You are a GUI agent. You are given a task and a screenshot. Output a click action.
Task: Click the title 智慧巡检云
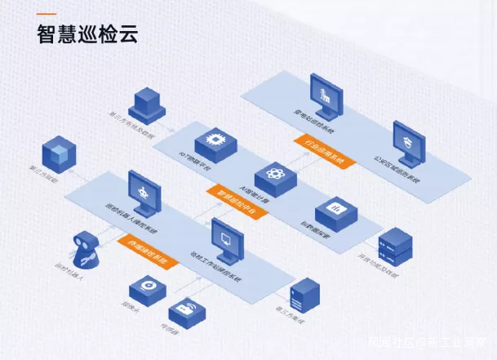point(87,34)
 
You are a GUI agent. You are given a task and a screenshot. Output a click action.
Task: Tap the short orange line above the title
point(47,14)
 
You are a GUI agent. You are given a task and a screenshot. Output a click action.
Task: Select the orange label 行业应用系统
point(325,152)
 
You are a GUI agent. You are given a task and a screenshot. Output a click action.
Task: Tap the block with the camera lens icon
point(149,289)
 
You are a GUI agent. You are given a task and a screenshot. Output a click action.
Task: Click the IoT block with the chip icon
point(215,142)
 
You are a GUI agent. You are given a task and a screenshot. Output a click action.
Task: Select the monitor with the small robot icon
point(144,193)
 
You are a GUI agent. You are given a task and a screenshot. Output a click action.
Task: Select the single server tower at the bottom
point(303,295)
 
